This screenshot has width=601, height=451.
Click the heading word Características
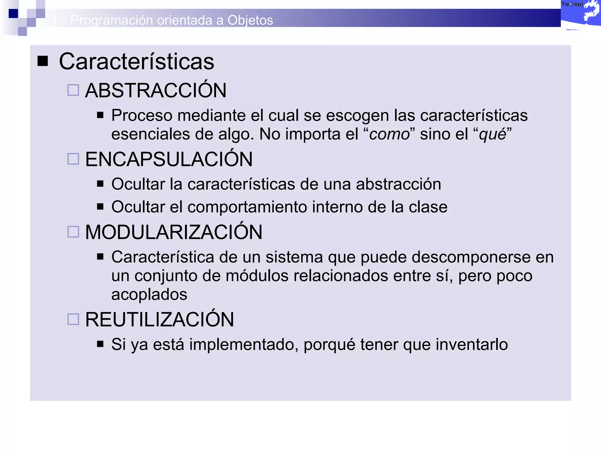pos(136,62)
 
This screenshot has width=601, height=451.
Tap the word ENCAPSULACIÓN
pos(169,159)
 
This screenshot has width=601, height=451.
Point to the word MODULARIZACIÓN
pos(173,232)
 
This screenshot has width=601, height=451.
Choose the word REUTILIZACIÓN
pos(159,319)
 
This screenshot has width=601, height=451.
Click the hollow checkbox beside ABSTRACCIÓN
pos(73,90)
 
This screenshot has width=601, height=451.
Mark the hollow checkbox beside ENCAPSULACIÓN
pos(73,159)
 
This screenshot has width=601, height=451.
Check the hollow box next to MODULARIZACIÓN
pos(73,232)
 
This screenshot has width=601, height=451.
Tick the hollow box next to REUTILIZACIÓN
pos(73,319)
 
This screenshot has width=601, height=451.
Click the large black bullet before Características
pos(43,61)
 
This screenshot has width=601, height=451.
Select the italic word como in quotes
pos(389,134)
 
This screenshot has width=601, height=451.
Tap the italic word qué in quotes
pos(493,134)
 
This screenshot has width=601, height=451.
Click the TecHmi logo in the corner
pos(580,13)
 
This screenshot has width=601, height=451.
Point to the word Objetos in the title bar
pos(250,20)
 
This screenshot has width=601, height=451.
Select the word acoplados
pos(149,294)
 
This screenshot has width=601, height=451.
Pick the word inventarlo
pos(472,344)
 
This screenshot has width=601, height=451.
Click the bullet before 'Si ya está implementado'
pos(100,344)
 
